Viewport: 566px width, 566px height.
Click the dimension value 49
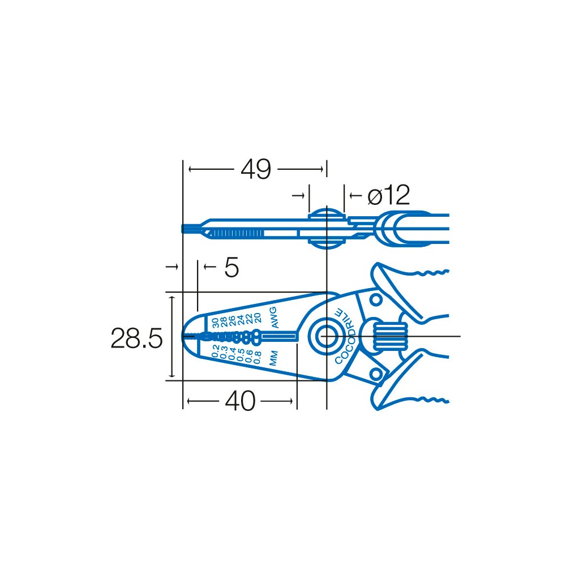coord(256,169)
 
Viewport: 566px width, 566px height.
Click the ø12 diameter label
coord(388,195)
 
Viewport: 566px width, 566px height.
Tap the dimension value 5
coord(231,268)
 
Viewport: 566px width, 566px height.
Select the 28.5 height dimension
coord(136,338)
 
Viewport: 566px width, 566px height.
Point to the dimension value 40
coord(240,401)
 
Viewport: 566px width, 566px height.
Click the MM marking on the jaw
coord(273,358)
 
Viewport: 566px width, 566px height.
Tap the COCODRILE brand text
coord(345,336)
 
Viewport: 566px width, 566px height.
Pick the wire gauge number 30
coord(215,323)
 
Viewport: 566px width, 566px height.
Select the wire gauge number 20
coord(257,318)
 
